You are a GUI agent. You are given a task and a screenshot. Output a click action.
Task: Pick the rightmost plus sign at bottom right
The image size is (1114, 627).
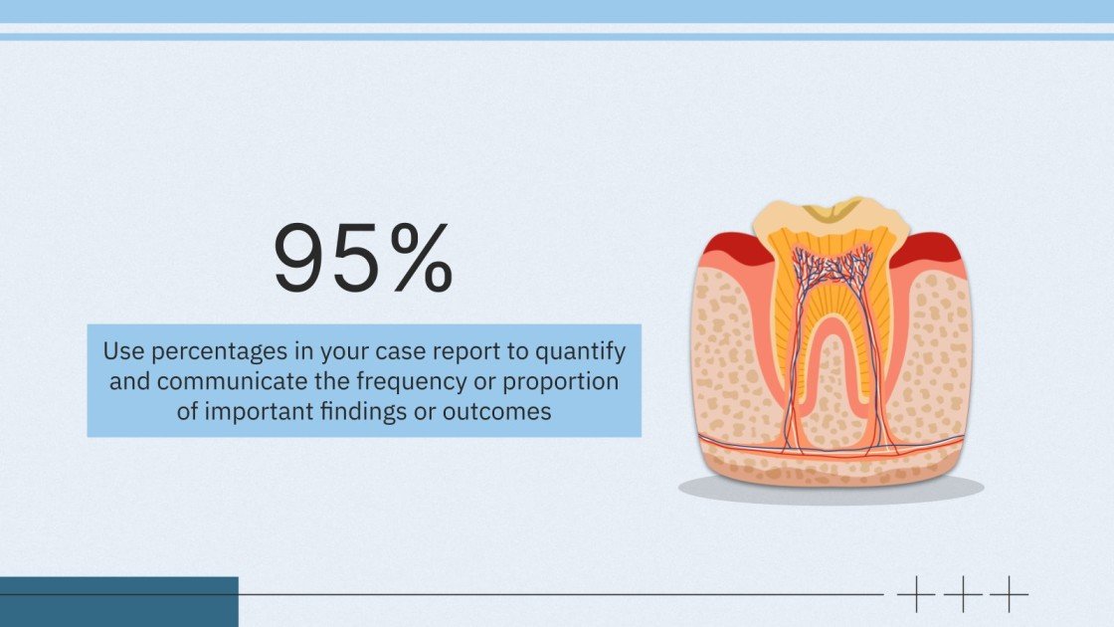[x=1010, y=594]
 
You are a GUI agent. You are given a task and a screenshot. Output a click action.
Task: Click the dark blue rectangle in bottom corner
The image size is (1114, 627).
[x=118, y=602]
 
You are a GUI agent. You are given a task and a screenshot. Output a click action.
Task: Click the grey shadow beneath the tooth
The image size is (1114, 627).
[x=831, y=489]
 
